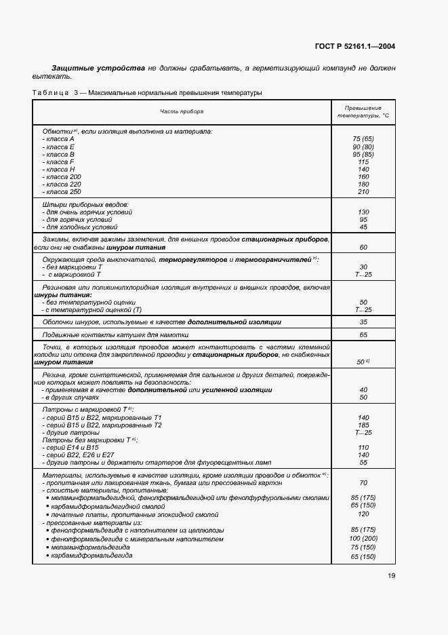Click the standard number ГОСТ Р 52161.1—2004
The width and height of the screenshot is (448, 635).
355,46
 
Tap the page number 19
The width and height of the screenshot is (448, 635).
392,576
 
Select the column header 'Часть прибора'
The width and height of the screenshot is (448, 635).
182,111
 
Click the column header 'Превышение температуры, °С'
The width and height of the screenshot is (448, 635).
363,112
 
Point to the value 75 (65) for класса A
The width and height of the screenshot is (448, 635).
363,138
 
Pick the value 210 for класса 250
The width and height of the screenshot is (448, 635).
363,192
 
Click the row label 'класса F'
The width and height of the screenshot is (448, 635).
58,161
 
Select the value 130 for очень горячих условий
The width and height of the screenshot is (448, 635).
363,212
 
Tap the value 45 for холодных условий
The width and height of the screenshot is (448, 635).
363,227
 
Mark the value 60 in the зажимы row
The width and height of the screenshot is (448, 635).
363,248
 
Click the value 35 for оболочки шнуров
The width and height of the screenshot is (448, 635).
363,322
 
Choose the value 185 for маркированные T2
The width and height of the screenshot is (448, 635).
363,425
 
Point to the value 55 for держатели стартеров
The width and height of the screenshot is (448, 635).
363,462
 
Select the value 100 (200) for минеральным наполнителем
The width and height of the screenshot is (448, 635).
363,539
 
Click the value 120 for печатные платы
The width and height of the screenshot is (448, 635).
363,514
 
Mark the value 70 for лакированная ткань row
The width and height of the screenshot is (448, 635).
363,482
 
